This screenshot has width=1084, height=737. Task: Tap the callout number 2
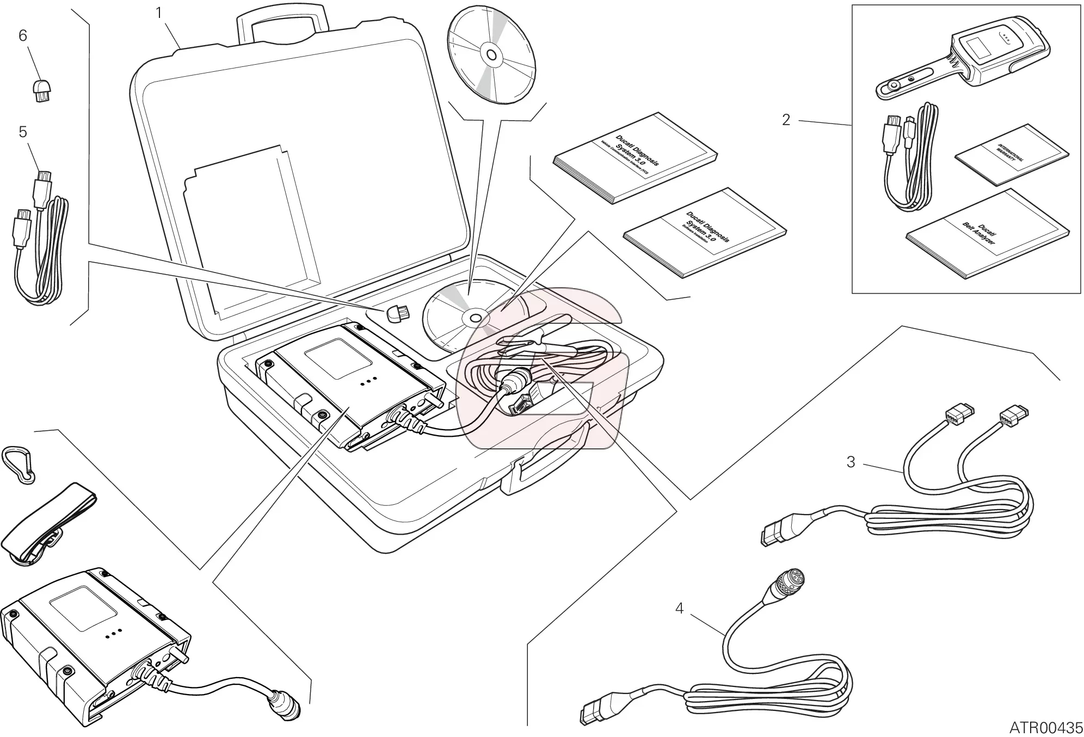pos(786,120)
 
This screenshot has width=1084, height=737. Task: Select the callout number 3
pos(851,462)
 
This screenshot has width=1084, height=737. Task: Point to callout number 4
pos(679,608)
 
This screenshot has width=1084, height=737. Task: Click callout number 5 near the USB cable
pos(23,132)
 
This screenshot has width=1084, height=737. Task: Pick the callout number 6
pos(23,35)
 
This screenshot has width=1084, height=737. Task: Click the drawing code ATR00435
pos(1046,727)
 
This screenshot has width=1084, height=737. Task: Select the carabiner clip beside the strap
pos(19,465)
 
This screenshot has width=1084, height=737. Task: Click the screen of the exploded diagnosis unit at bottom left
pos(83,607)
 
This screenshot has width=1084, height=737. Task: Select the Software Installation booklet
pos(705,233)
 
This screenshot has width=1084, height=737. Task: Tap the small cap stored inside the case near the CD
pos(398,314)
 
